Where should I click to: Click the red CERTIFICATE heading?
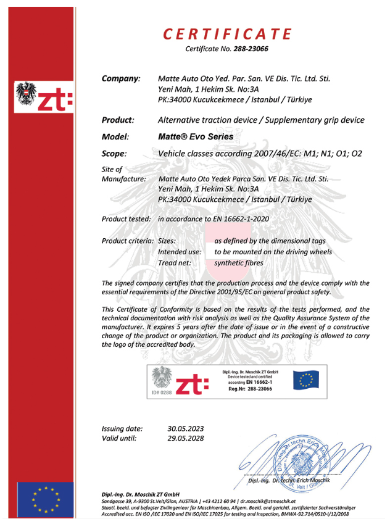click(226, 33)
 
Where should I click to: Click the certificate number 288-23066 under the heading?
click(252, 49)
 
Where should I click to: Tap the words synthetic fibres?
click(239, 264)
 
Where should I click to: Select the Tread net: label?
click(176, 264)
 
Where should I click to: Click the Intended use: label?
click(180, 252)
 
